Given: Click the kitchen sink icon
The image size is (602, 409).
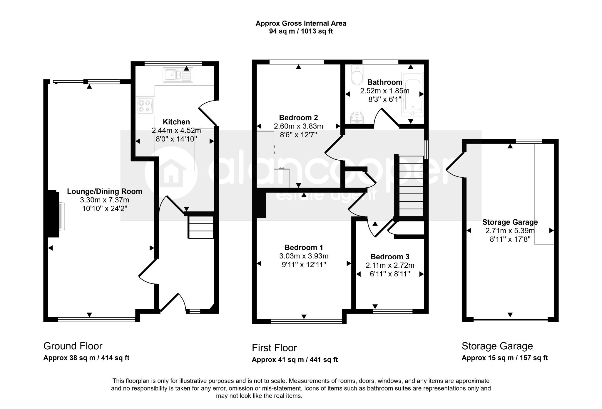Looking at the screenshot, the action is [x=178, y=75].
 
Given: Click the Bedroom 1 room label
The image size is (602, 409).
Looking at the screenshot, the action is [x=304, y=247].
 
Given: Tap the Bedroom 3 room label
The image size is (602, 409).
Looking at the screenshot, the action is [x=390, y=257].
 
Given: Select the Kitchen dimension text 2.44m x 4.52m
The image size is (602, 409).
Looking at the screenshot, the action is [x=176, y=130].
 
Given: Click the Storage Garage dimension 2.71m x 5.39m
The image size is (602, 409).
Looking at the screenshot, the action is [x=510, y=231].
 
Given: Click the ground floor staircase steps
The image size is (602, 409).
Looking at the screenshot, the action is [x=201, y=227].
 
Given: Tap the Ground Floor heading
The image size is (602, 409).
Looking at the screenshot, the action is [x=73, y=346].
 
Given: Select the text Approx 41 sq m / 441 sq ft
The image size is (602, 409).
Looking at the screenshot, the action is [x=295, y=360].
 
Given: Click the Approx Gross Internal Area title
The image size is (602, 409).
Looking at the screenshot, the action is [x=301, y=24].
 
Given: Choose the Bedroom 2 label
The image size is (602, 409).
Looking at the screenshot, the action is [x=298, y=118].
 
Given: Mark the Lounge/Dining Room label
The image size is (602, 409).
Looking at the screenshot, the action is [x=105, y=191].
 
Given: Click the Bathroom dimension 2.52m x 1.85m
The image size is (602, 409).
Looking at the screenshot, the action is [x=385, y=91].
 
